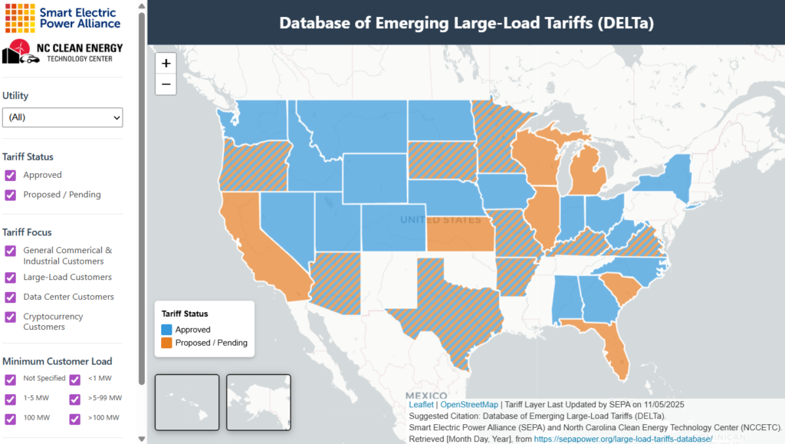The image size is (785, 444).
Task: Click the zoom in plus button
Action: pyautogui.click(x=166, y=64)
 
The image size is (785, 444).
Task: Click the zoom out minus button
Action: pyautogui.click(x=166, y=84)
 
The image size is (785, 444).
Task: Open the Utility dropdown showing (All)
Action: pyautogui.click(x=62, y=117)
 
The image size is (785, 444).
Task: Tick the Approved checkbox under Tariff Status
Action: pyautogui.click(x=11, y=175)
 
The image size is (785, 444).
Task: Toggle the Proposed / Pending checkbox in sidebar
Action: pyautogui.click(x=11, y=195)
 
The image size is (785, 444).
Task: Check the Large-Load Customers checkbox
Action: pyautogui.click(x=11, y=277)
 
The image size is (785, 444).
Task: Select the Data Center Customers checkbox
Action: pyautogui.click(x=11, y=297)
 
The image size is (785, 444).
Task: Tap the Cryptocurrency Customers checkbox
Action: pyautogui.click(x=11, y=317)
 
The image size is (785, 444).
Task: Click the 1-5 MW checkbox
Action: pyautogui.click(x=11, y=399)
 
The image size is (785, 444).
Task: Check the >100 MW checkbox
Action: pyautogui.click(x=75, y=419)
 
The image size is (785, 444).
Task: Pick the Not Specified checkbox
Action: pyautogui.click(x=11, y=379)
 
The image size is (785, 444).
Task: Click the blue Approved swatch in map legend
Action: pyautogui.click(x=166, y=330)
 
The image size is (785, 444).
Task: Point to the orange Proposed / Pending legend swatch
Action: pyautogui.click(x=166, y=343)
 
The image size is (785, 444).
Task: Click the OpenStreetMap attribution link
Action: pyautogui.click(x=468, y=403)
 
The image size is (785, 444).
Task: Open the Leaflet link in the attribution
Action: pyautogui.click(x=421, y=403)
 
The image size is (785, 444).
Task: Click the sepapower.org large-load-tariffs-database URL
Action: pyautogui.click(x=623, y=439)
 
